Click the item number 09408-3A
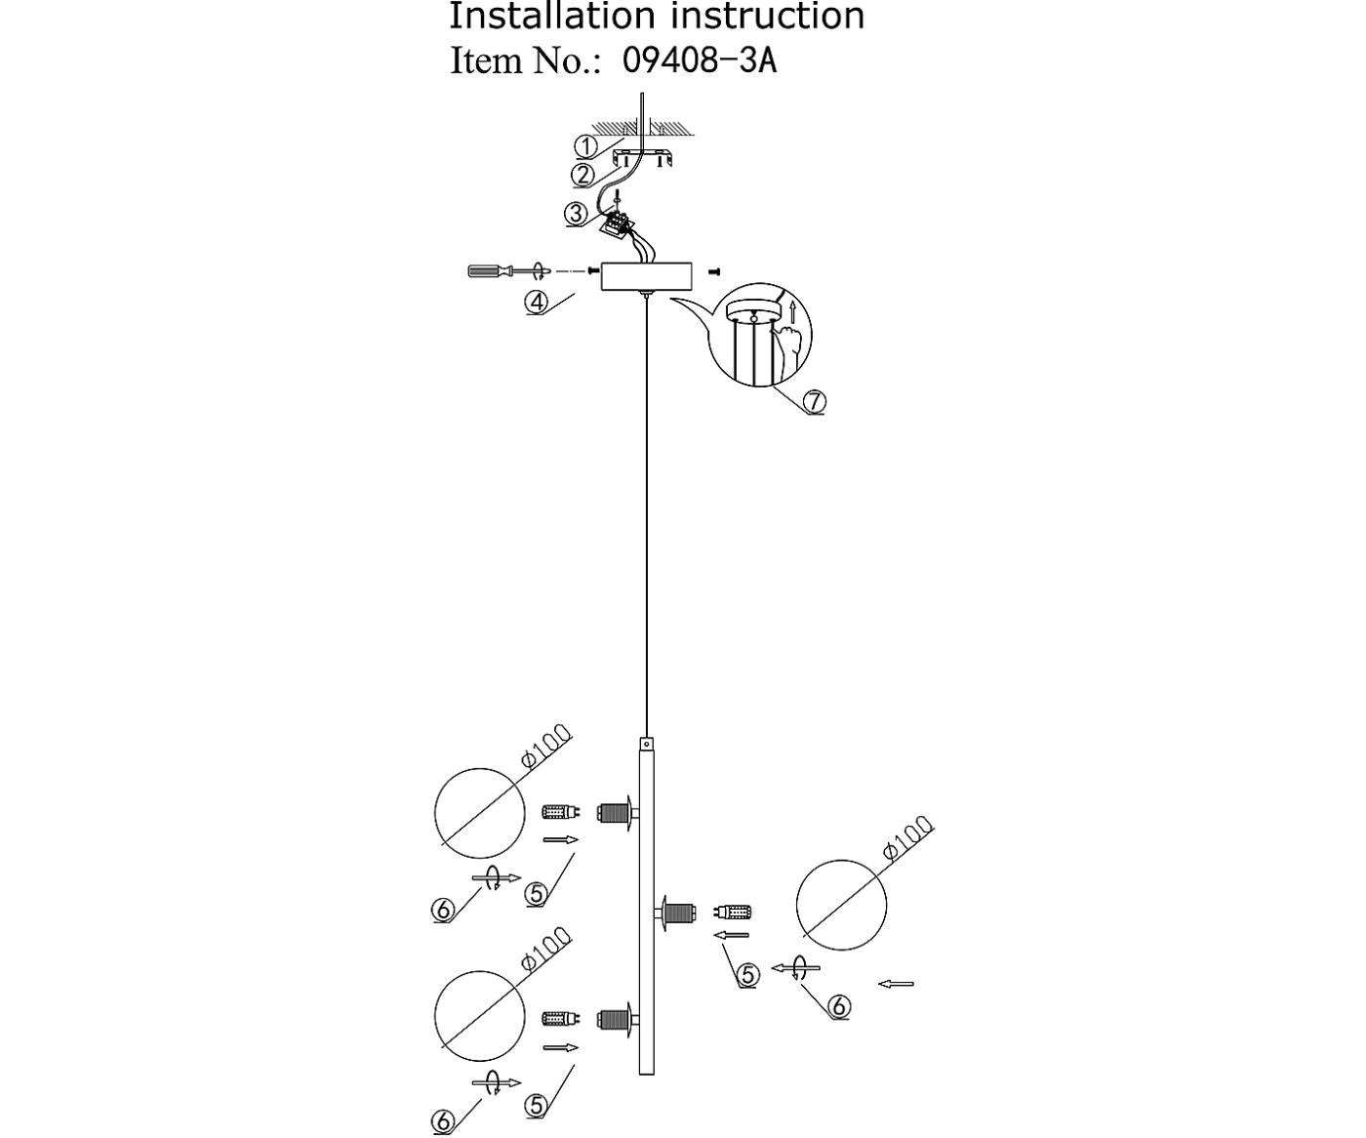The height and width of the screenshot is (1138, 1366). [x=699, y=61]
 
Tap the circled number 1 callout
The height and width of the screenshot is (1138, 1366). [x=585, y=146]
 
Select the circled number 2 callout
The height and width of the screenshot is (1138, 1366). [x=583, y=176]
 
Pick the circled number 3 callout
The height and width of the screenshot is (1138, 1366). [x=576, y=213]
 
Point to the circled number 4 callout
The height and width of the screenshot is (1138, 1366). [x=537, y=302]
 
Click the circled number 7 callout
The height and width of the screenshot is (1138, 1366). [x=814, y=401]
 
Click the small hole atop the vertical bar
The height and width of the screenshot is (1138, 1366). [x=646, y=744]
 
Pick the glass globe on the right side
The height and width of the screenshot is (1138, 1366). [x=841, y=905]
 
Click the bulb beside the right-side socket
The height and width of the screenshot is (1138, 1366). [x=734, y=913]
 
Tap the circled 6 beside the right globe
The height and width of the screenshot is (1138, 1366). [x=838, y=1006]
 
